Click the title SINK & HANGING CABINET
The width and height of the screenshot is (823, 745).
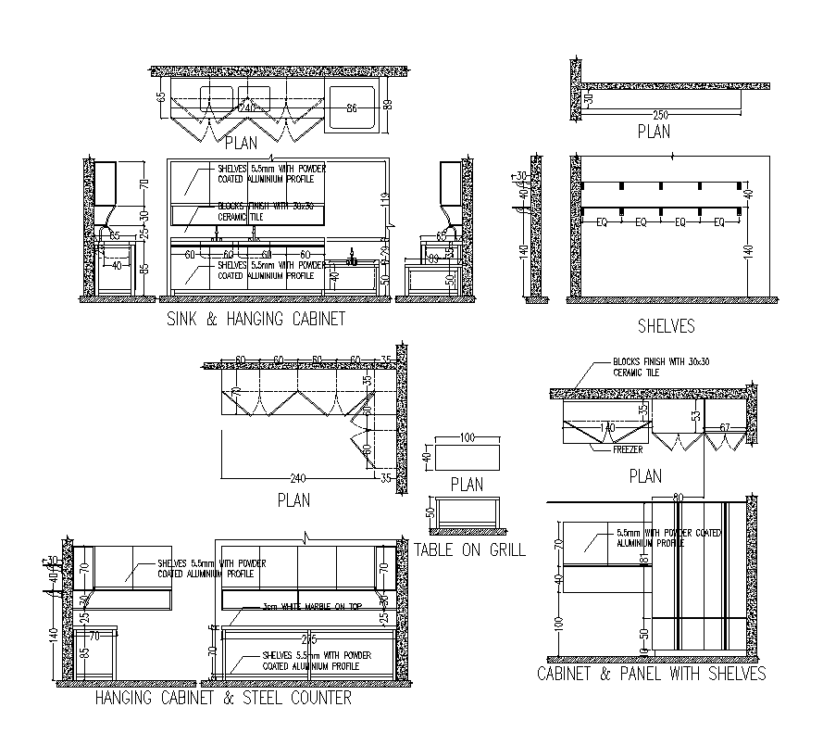[256, 319]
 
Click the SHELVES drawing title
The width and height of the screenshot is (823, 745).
[666, 326]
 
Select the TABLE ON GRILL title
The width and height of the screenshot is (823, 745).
[469, 549]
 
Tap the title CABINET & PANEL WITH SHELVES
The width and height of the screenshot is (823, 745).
[652, 674]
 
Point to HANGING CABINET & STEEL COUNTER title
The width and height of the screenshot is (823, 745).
[223, 698]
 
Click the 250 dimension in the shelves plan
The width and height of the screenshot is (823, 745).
[661, 115]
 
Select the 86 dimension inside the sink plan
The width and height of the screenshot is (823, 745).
[352, 109]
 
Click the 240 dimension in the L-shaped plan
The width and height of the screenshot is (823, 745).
[297, 479]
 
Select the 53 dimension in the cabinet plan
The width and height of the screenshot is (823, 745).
[694, 416]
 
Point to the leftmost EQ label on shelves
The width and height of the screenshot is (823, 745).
[603, 223]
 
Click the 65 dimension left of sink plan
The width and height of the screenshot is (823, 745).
[161, 96]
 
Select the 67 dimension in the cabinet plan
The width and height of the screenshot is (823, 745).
[725, 427]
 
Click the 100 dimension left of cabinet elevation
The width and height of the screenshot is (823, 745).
[557, 624]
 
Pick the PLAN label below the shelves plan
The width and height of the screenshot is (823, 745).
[654, 133]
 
